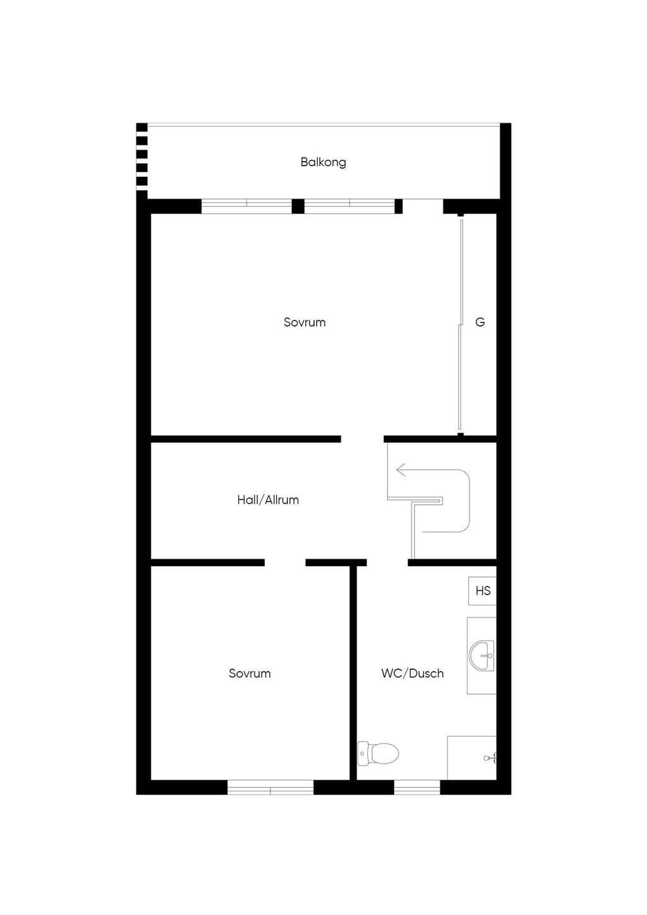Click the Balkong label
[x=323, y=162]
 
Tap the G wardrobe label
[x=480, y=322]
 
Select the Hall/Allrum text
[x=268, y=500]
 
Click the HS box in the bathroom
[x=482, y=591]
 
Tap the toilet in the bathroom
[x=378, y=753]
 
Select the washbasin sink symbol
[x=482, y=656]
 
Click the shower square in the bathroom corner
[x=472, y=758]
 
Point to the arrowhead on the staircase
[x=401, y=470]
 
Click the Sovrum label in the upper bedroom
[x=305, y=322]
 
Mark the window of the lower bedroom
[x=270, y=787]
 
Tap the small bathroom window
[x=417, y=787]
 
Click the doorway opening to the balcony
[x=423, y=206]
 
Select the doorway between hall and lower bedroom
[x=285, y=562]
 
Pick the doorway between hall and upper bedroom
[x=362, y=439]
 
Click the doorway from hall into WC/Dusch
[x=387, y=562]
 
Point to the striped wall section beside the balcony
[x=142, y=157]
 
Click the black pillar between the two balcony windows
[x=298, y=206]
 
